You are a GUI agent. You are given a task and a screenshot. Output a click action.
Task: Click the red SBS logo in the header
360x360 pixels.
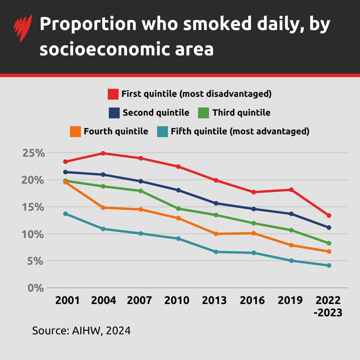[x=23, y=28]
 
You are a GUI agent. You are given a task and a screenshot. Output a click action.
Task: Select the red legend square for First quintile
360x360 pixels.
[x=113, y=94]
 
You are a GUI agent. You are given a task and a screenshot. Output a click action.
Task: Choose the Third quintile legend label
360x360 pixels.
[x=241, y=113]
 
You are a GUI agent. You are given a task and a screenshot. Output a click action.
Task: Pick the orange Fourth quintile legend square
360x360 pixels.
[x=75, y=131]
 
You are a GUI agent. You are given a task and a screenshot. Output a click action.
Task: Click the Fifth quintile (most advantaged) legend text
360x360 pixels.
[x=240, y=131]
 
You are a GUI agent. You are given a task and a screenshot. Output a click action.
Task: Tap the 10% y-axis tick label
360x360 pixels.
[x=33, y=234]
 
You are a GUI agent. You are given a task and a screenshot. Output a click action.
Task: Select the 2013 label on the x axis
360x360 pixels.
[x=214, y=300]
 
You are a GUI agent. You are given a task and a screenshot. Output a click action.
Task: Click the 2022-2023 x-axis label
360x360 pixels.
[x=329, y=306]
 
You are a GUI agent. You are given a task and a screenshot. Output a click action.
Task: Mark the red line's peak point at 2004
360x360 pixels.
[x=103, y=153]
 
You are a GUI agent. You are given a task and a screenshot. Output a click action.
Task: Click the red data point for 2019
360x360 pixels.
[x=291, y=190]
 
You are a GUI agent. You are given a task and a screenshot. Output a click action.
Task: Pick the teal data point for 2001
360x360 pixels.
[x=66, y=214]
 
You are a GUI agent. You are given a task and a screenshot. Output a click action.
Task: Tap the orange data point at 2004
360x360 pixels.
[x=103, y=208]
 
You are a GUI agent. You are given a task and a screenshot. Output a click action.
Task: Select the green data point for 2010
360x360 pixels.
[x=178, y=209]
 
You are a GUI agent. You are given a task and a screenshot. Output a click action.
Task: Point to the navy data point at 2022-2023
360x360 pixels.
[x=329, y=228]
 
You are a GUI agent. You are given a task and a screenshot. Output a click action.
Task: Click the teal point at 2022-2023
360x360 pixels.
[x=329, y=266]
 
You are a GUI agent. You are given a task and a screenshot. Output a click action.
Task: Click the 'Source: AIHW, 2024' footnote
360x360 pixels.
[x=81, y=331]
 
